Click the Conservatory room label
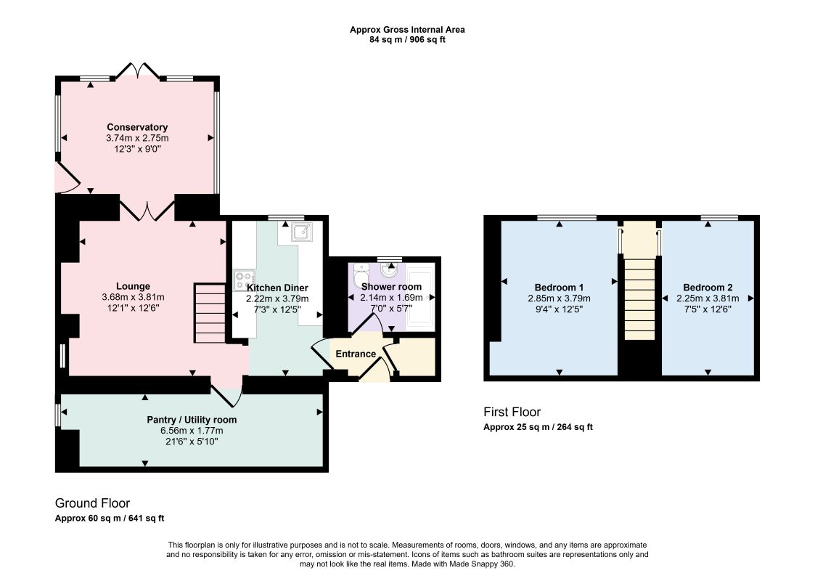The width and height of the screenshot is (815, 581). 137,127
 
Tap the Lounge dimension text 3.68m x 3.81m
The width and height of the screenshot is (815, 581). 133,297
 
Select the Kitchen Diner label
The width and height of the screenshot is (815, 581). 277,288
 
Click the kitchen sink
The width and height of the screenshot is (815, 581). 302,232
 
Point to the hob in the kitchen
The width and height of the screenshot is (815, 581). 245,281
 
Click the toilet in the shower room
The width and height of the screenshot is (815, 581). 360,275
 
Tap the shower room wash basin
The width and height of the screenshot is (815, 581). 388,270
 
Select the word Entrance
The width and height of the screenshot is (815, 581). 356,354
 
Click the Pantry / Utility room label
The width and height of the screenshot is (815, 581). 192,419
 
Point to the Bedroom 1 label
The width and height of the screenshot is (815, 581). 559,287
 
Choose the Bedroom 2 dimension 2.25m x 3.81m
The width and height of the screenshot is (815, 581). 708,298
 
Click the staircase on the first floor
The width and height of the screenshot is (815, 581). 639,299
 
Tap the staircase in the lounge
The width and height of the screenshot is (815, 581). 210,312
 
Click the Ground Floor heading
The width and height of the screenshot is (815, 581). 92,503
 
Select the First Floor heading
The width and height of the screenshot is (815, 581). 512,412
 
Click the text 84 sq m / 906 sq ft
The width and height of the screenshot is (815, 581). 408,39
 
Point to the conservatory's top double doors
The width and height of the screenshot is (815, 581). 137,70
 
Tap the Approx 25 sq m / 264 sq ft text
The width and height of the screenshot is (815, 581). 538,427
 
